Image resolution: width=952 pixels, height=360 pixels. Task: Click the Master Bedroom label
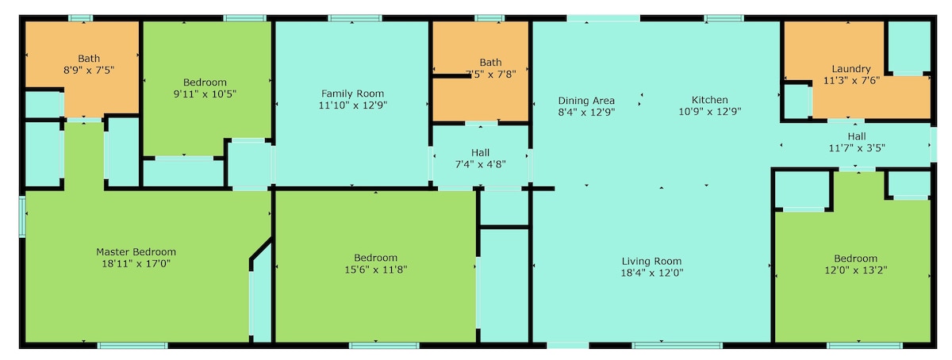coord(136,252)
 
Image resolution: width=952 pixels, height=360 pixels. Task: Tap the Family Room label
coord(352,94)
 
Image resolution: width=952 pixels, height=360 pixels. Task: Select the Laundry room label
coord(851,69)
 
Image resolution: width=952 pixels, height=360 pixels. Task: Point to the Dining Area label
coord(586,101)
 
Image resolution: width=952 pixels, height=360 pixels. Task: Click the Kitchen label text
coord(710,100)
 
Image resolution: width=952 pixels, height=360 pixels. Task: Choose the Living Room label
coord(651,261)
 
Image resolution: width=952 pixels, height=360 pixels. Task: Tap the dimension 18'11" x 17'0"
coord(136,263)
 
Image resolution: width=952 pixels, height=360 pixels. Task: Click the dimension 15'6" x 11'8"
coord(376,269)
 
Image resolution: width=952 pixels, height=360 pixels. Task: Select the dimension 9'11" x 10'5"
coord(205,94)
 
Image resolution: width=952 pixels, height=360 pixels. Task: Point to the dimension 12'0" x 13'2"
coord(855,270)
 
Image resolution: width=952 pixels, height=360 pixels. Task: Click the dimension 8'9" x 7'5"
coord(89,70)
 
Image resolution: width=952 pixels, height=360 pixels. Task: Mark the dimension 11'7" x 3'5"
coord(857,148)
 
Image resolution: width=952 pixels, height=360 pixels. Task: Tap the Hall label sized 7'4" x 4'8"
coord(480,152)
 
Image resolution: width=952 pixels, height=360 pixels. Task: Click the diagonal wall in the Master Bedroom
coord(260,249)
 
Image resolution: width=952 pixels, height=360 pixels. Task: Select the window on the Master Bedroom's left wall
coord(22,216)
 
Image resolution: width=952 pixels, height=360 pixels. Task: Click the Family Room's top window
coord(355,18)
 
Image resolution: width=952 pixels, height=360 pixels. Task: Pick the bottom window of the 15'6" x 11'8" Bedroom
coord(384,346)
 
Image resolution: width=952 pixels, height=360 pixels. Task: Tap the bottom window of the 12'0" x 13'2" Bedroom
coord(864,346)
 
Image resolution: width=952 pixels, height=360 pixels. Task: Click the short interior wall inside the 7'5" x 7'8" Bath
coord(451,76)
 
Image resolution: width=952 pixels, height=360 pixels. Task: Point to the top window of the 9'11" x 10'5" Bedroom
coord(245,18)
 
